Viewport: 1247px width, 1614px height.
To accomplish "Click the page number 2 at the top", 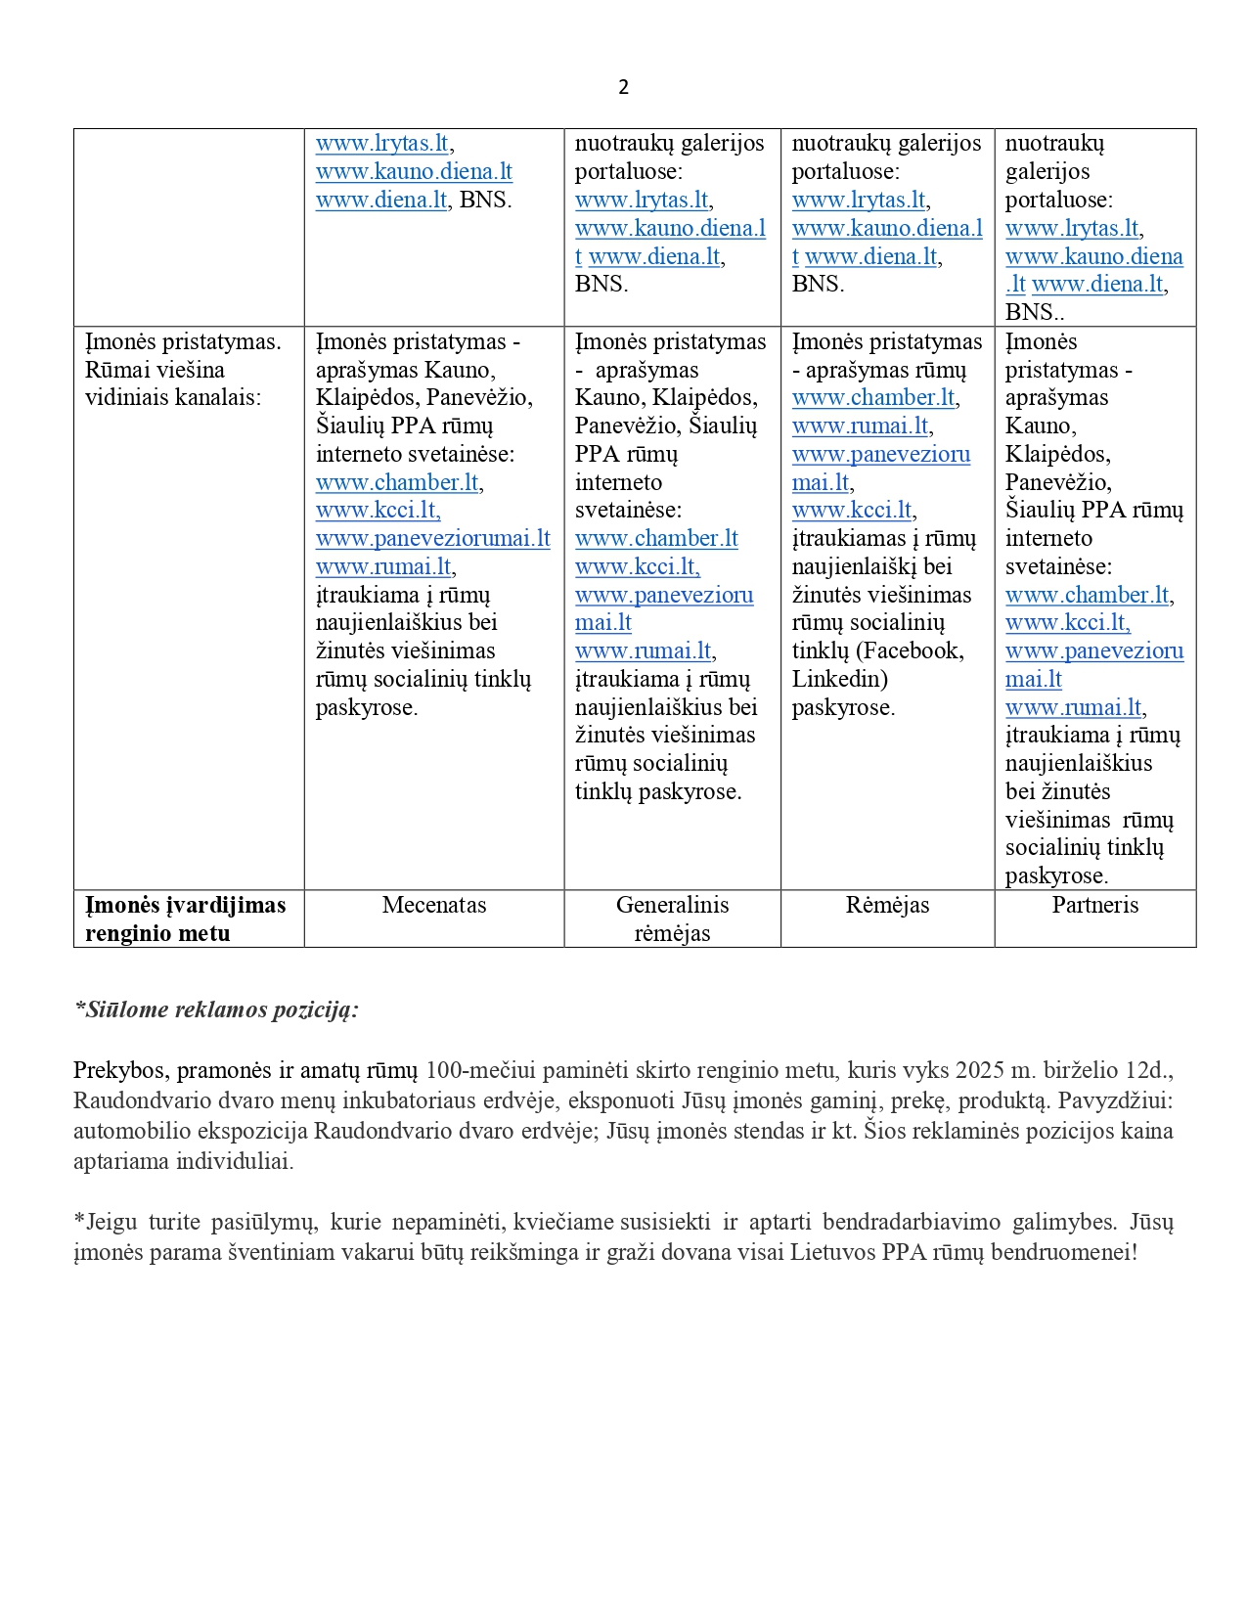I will pyautogui.click(x=623, y=87).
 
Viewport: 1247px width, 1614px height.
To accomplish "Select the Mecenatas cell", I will pyautogui.click(x=434, y=905).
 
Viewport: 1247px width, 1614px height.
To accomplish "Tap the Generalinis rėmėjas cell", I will pyautogui.click(x=672, y=919).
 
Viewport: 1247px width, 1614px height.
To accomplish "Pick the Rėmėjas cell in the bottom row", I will pyautogui.click(x=887, y=905).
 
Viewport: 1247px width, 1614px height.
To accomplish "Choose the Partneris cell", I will pyautogui.click(x=1094, y=905).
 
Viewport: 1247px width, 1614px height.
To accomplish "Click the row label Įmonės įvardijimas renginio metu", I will pyautogui.click(x=185, y=919).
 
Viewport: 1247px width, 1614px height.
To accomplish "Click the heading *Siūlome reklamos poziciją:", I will pyautogui.click(x=216, y=1009).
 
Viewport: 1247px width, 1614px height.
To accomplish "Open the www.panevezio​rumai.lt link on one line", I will pyautogui.click(x=432, y=538).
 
